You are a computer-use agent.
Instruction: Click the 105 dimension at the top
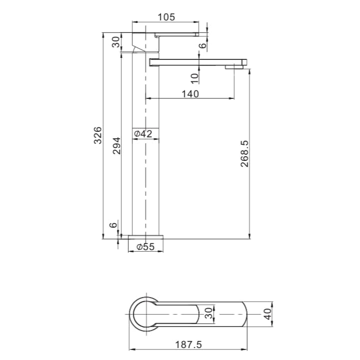point(166,17)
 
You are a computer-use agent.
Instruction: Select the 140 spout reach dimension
point(190,94)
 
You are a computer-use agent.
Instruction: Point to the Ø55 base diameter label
point(146,247)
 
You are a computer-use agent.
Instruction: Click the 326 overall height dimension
point(98,135)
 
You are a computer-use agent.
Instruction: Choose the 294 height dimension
point(116,145)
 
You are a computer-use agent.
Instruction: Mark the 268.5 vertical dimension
point(245,153)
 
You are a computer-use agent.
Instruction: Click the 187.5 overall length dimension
point(189,345)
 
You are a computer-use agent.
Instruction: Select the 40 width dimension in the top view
point(268,314)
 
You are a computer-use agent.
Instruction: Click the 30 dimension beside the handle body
point(116,42)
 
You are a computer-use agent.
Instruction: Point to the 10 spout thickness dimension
point(195,76)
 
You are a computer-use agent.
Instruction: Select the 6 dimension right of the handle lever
point(202,45)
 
